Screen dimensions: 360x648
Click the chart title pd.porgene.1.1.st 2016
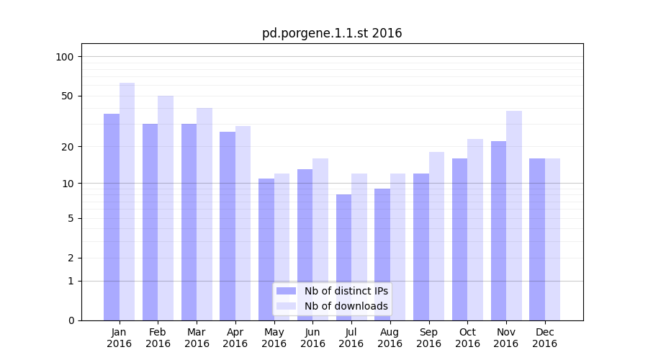click(332, 33)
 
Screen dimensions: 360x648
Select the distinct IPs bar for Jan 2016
click(112, 216)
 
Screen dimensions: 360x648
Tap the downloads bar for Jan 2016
click(127, 202)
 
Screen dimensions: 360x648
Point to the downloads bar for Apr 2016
click(243, 223)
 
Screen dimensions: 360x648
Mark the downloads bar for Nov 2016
click(514, 215)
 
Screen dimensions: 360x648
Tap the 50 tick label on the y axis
click(67, 96)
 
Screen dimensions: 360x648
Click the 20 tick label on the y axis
click(67, 147)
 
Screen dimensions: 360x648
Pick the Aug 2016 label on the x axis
click(390, 338)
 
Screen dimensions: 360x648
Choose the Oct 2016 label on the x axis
click(467, 338)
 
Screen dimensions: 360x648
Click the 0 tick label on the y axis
click(71, 320)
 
